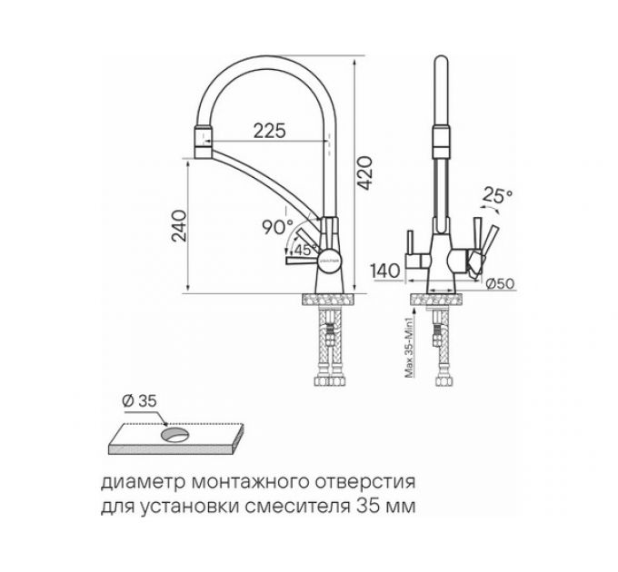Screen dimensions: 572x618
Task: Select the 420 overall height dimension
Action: [365, 170]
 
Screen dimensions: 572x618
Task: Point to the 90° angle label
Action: [276, 228]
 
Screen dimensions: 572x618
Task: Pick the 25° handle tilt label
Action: [499, 195]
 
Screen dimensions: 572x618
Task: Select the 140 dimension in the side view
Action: [386, 269]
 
